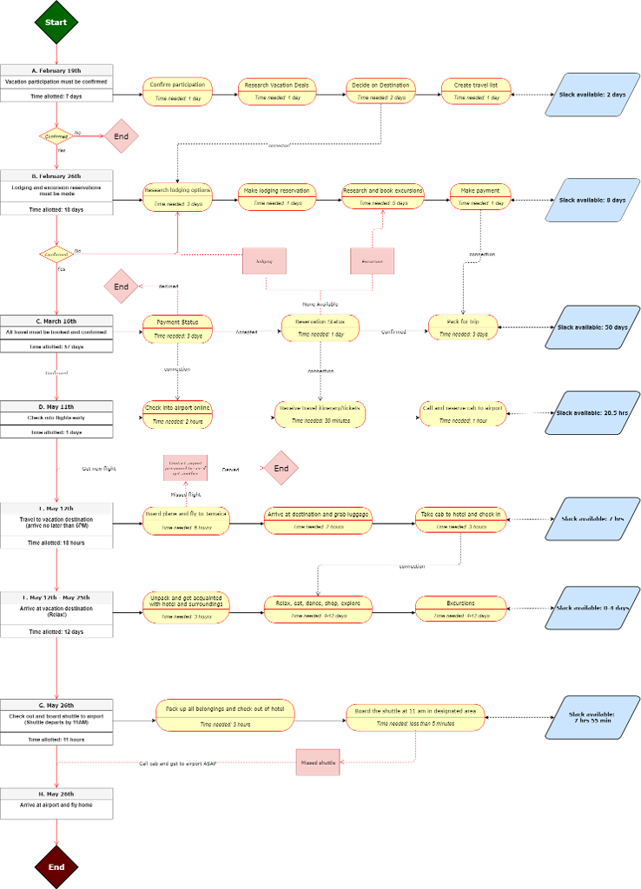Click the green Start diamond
pos(56,22)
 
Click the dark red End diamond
pos(56,866)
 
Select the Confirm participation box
pos(177,91)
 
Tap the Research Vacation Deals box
pos(277,91)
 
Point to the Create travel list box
pos(476,91)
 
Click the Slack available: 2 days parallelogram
pos(591,94)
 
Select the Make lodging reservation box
pos(277,196)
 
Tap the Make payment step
pos(480,196)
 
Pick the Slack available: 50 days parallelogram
pos(591,328)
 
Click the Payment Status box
pos(177,328)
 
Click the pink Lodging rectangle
pos(264,260)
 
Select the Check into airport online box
pos(177,414)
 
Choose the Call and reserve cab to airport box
pos(462,414)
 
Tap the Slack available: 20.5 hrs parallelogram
pos(591,414)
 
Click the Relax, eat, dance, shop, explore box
pos(318,609)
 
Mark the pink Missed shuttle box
pos(318,761)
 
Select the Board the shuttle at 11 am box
pos(415,716)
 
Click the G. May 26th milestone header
pos(56,706)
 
